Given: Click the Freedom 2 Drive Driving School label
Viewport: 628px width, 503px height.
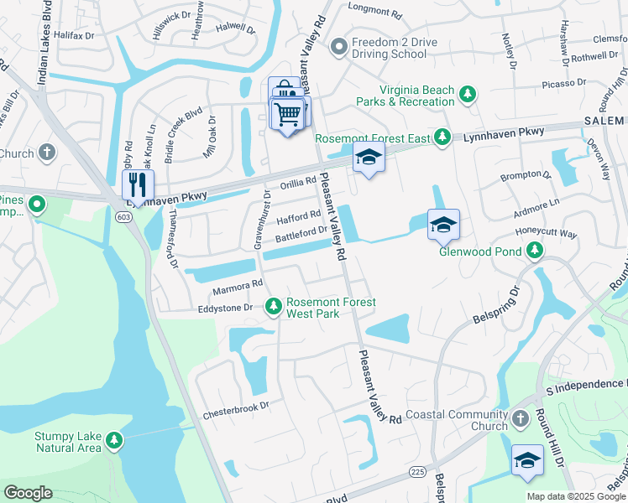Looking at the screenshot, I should [x=390, y=49].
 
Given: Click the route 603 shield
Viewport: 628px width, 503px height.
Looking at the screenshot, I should [x=123, y=215].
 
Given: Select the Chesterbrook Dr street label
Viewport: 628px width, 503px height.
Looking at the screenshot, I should [x=234, y=405].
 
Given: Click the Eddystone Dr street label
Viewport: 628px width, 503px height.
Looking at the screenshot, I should [x=225, y=308].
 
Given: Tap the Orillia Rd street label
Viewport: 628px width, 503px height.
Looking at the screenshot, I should [x=298, y=181].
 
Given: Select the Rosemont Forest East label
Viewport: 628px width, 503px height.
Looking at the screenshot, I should [x=373, y=138].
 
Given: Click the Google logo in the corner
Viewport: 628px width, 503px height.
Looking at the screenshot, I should [x=29, y=492].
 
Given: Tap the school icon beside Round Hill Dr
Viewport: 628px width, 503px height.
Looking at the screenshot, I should [x=527, y=460].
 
